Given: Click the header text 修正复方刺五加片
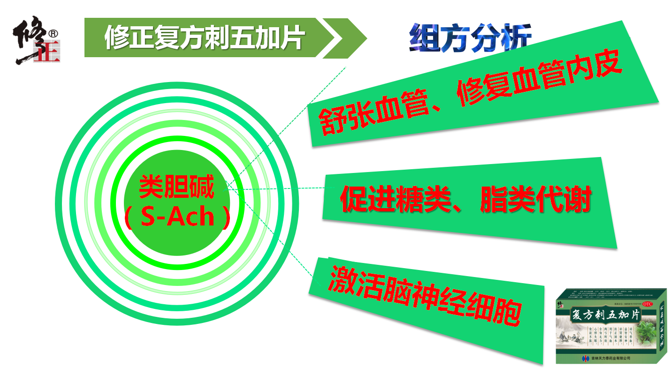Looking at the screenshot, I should click(205, 37).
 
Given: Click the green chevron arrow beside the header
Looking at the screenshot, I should click(342, 38).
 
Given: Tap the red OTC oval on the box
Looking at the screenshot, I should click(648, 304).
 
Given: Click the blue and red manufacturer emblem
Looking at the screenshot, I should click(585, 359).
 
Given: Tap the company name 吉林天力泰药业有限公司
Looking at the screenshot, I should click(611, 359).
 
